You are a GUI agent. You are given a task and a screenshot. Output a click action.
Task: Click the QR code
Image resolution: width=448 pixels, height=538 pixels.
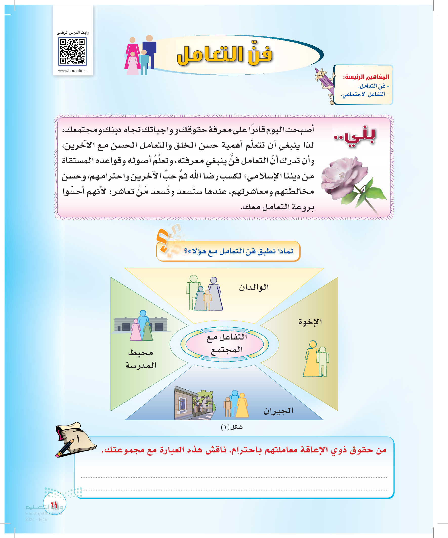pos(72,51)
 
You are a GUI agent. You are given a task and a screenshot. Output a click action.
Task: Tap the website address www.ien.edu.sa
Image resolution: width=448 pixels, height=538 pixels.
pos(73,71)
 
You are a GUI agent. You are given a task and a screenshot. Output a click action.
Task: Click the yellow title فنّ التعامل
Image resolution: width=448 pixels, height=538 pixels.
pos(225,55)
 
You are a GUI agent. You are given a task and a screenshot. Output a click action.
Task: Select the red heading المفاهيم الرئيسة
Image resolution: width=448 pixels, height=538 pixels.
pos(366,77)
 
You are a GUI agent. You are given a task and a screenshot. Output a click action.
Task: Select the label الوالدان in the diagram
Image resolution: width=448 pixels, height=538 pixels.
pos(254,287)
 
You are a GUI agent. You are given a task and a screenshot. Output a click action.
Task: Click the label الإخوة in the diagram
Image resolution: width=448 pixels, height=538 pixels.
pos(310,322)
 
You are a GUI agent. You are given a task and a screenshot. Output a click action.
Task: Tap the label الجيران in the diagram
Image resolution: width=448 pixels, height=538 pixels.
pos(278,411)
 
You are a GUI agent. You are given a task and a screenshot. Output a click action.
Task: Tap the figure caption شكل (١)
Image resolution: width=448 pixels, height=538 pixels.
pos(232,427)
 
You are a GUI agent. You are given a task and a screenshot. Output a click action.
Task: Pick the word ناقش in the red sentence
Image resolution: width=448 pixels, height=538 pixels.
pos(216,450)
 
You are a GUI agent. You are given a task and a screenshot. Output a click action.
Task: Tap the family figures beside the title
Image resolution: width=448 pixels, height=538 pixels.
pos(140,55)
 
